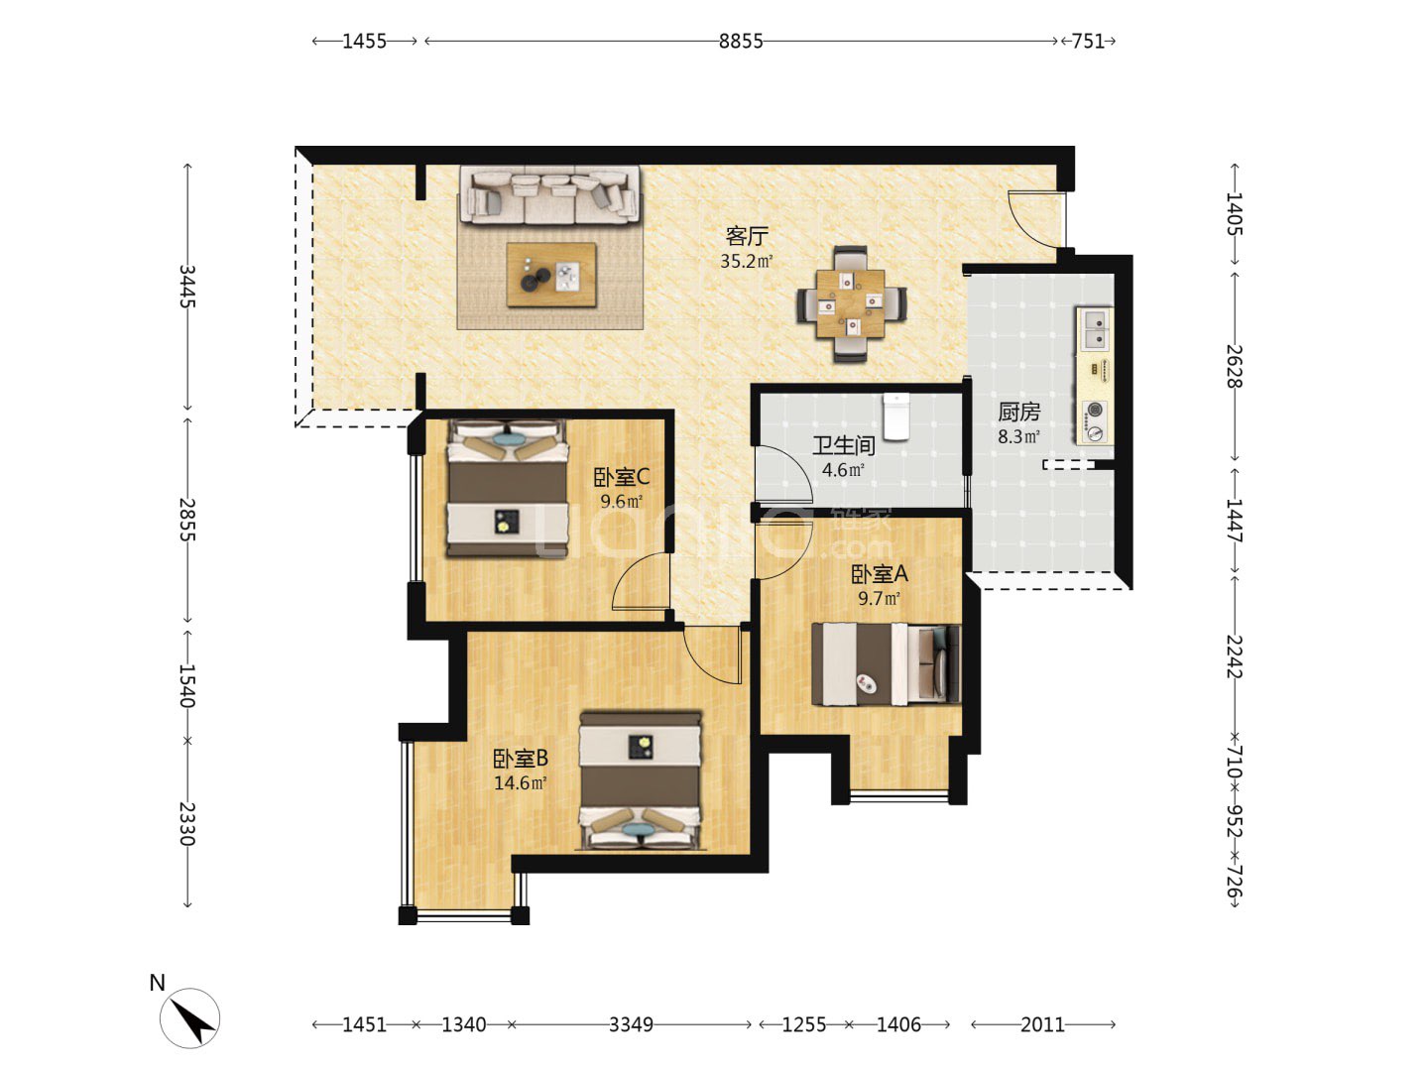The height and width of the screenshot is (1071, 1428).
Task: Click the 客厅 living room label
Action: [746, 236]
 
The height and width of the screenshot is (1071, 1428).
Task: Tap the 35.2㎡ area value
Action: [746, 262]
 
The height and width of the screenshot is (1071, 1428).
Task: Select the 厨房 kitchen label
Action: [1018, 412]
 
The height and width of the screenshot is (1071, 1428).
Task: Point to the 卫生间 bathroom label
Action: [843, 445]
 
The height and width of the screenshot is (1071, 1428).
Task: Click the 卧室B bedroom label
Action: [520, 759]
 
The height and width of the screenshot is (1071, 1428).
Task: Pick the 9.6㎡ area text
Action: [622, 502]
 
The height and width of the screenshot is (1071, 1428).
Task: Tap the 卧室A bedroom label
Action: [879, 573]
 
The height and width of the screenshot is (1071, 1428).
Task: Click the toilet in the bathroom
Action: [895, 416]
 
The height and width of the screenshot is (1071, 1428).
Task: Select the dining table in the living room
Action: [850, 303]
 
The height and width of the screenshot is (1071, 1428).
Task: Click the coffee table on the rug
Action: [551, 275]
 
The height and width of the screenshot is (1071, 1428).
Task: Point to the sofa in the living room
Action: [549, 195]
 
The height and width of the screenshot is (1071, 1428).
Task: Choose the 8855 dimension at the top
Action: [741, 41]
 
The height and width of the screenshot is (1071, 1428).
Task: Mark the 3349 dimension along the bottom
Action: [631, 1024]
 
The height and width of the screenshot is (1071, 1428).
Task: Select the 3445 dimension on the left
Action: [187, 287]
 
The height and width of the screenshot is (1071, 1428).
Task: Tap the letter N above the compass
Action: [158, 983]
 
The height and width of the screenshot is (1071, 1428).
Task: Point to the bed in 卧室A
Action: [886, 664]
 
